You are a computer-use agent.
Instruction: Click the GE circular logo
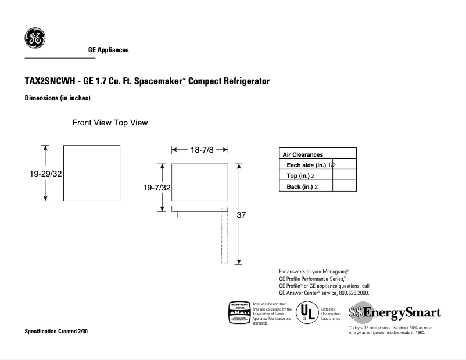tap(34, 38)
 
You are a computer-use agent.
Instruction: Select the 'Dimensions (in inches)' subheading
tap(57, 99)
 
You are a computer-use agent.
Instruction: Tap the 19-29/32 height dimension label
tap(45, 173)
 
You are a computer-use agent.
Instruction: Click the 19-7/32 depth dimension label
tap(157, 187)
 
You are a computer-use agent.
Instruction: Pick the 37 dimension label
tap(242, 215)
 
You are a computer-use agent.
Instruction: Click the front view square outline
tap(91, 173)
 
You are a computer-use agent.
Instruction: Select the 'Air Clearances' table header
tap(303, 155)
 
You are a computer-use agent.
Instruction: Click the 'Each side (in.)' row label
tap(307, 165)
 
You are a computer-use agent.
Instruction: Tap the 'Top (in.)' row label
tap(299, 176)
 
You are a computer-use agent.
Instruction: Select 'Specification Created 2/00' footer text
tap(57, 332)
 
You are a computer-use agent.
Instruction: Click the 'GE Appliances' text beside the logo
tap(108, 51)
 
